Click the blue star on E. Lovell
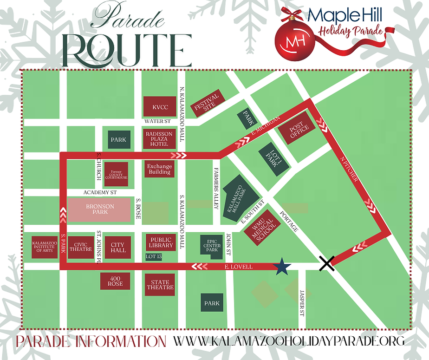pos(282,266)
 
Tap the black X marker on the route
pos(327,264)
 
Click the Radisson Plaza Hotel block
pos(159,138)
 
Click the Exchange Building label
pos(159,169)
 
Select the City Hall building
pos(118,247)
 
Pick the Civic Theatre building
pos(81,247)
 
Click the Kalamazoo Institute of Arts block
pos(44,247)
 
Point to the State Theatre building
pos(160,285)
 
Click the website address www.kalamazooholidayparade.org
pos(289,340)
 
